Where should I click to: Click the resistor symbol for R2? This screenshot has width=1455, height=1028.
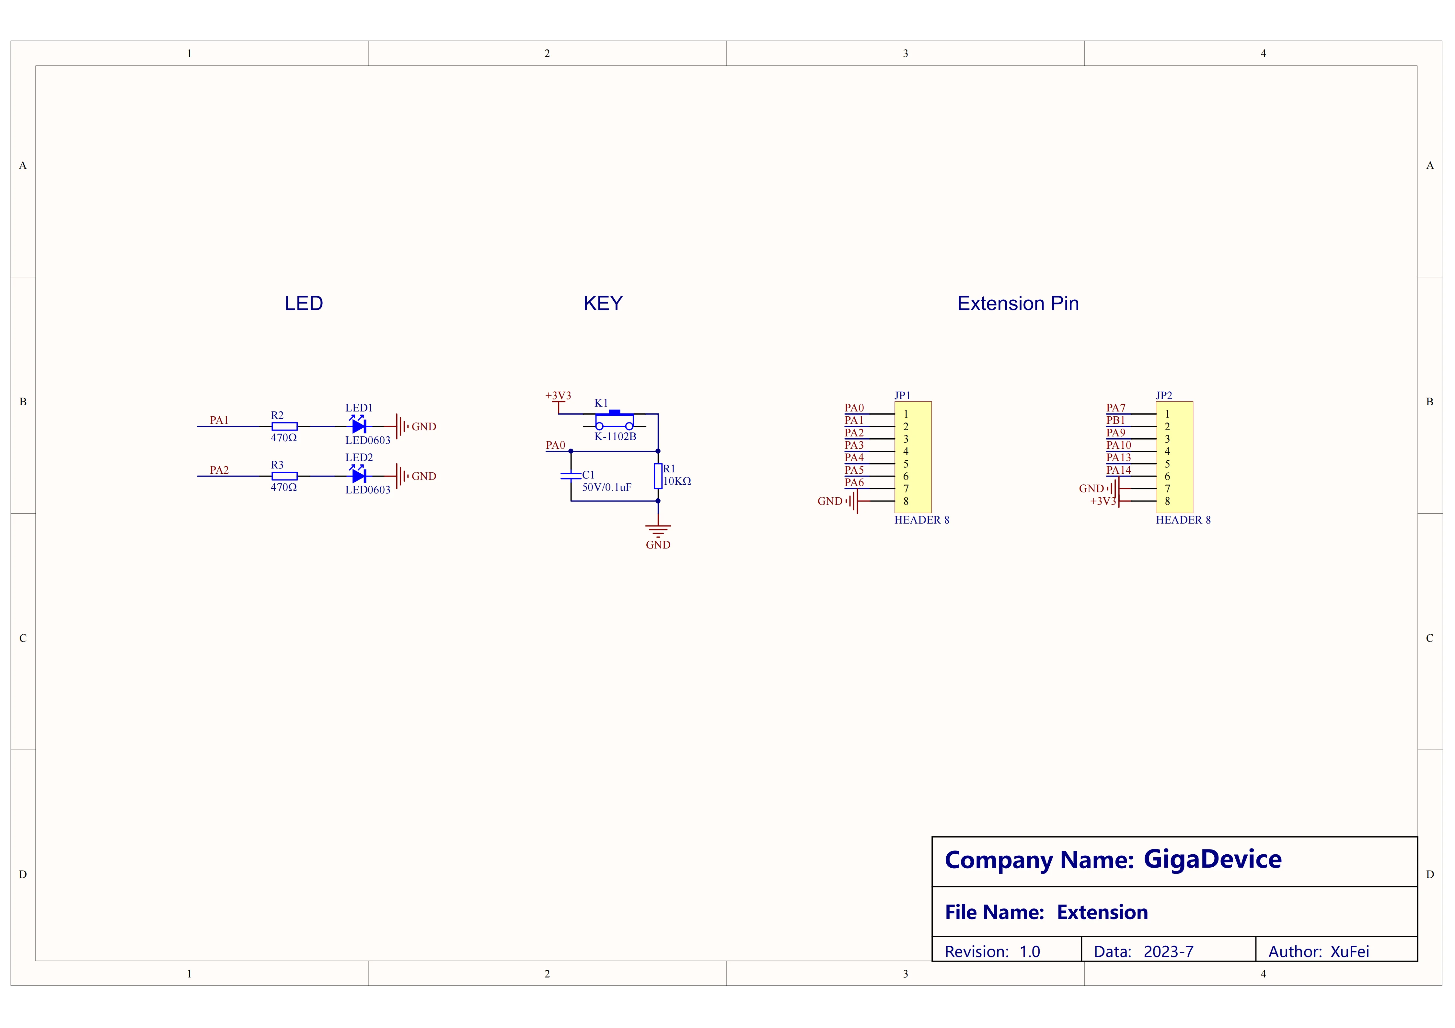pos(284,427)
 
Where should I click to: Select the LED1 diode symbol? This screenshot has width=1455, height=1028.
pos(359,427)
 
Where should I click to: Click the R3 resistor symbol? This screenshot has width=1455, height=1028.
pos(284,476)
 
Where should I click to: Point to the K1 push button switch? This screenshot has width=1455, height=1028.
pos(614,421)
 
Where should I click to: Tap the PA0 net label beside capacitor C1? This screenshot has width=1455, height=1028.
pos(555,445)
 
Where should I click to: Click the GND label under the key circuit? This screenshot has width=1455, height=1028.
pos(658,545)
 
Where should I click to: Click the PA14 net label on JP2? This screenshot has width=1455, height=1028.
pos(1118,470)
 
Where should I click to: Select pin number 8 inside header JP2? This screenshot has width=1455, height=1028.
pos(1167,501)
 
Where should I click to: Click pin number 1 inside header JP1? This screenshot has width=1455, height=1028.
pos(906,414)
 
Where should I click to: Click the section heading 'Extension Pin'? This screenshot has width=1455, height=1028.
pos(1018,304)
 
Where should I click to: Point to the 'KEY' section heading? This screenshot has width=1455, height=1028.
pos(603,304)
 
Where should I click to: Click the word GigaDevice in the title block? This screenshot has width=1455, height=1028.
pos(1212,860)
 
